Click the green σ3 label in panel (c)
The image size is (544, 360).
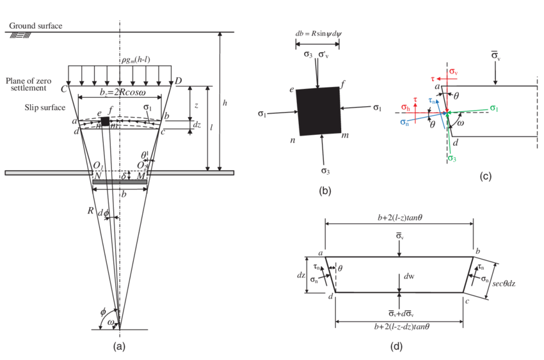(452, 158)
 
